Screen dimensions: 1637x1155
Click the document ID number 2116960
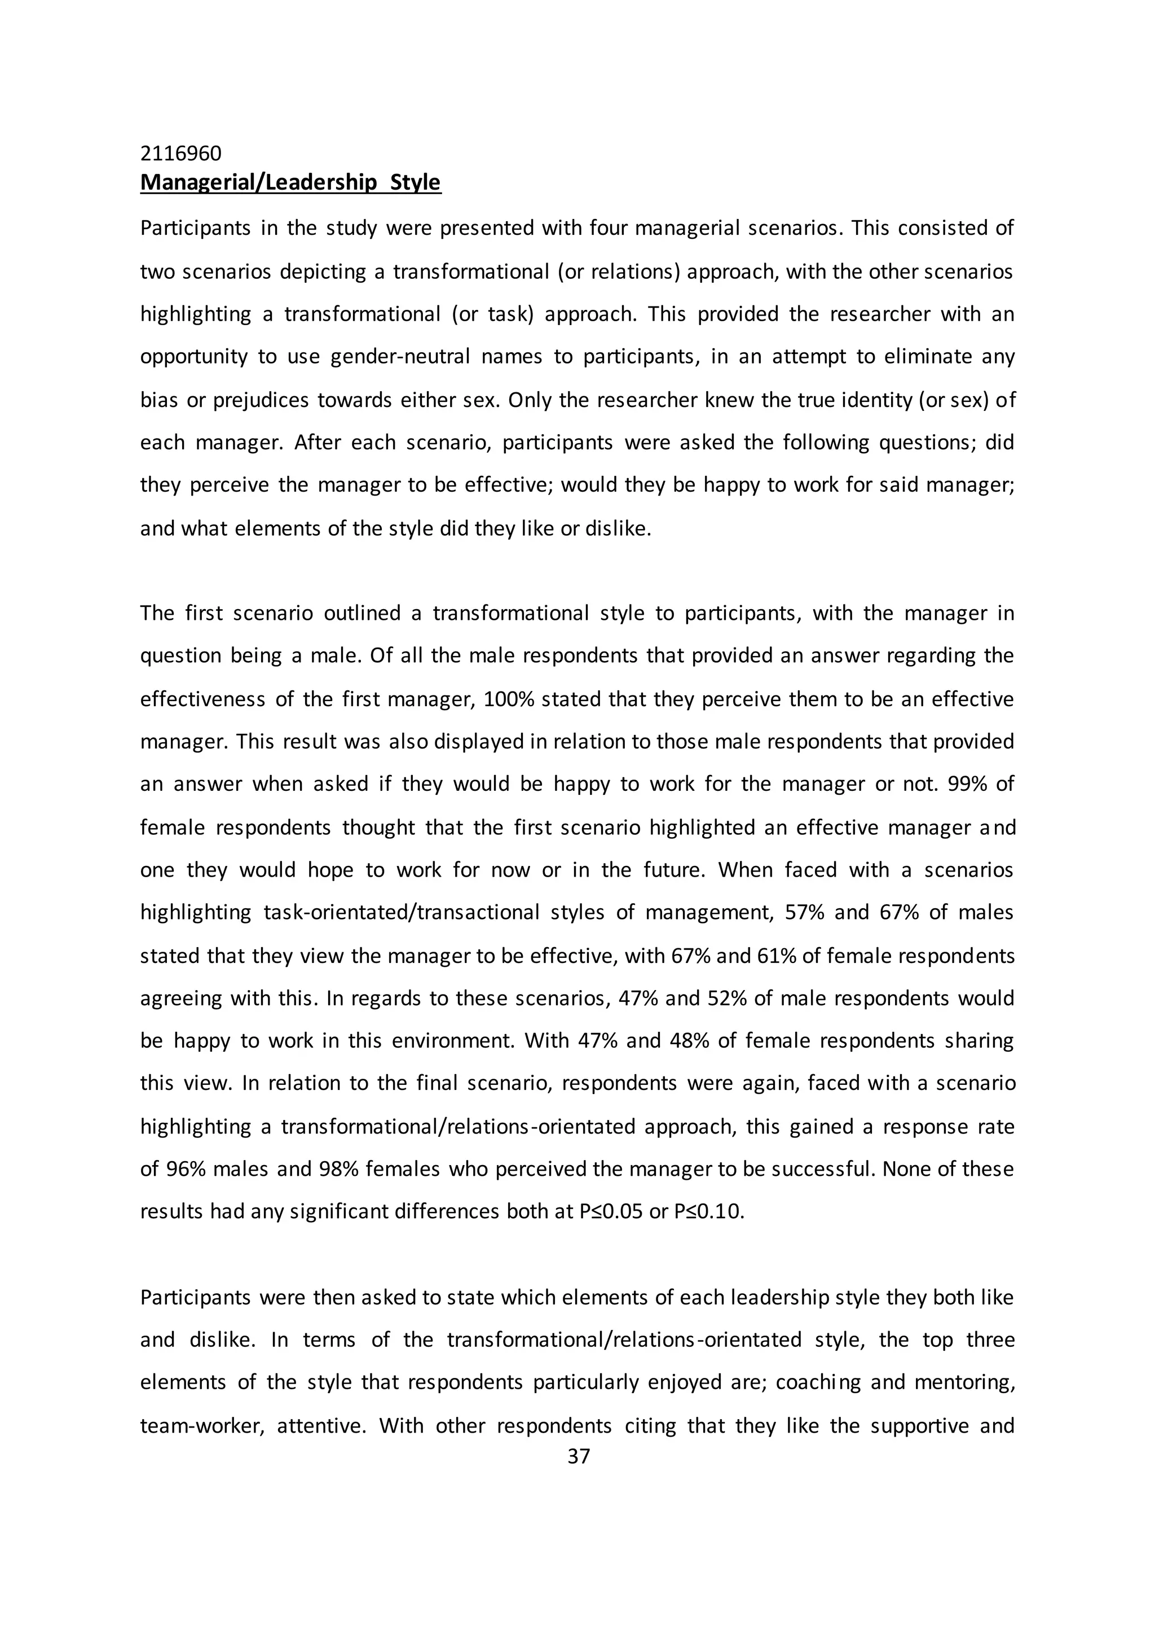point(181,154)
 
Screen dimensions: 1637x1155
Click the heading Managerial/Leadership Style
point(290,182)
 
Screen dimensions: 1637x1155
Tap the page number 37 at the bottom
point(579,1456)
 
